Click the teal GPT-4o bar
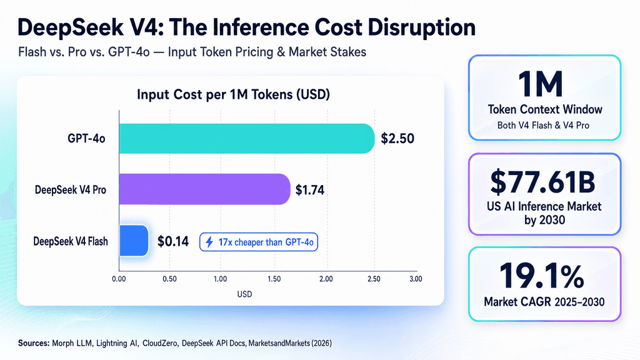(x=247, y=139)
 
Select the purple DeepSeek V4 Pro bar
(x=204, y=189)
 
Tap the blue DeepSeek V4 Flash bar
(x=134, y=241)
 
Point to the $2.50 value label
(x=397, y=139)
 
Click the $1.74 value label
(x=310, y=190)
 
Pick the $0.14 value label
(x=173, y=241)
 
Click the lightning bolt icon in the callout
(x=209, y=242)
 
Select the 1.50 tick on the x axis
(x=274, y=279)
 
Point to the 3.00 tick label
(x=416, y=279)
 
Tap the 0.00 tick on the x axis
(x=119, y=279)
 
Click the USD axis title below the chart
(x=244, y=294)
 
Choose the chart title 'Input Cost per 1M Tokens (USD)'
(x=233, y=95)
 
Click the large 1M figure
(x=541, y=84)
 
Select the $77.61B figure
(x=543, y=182)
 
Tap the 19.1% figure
(x=542, y=276)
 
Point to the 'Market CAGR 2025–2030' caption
(x=544, y=302)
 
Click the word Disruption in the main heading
(x=421, y=27)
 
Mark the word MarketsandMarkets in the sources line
(x=279, y=343)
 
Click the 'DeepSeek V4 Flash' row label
(x=71, y=241)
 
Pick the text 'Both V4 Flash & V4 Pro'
(x=543, y=125)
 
